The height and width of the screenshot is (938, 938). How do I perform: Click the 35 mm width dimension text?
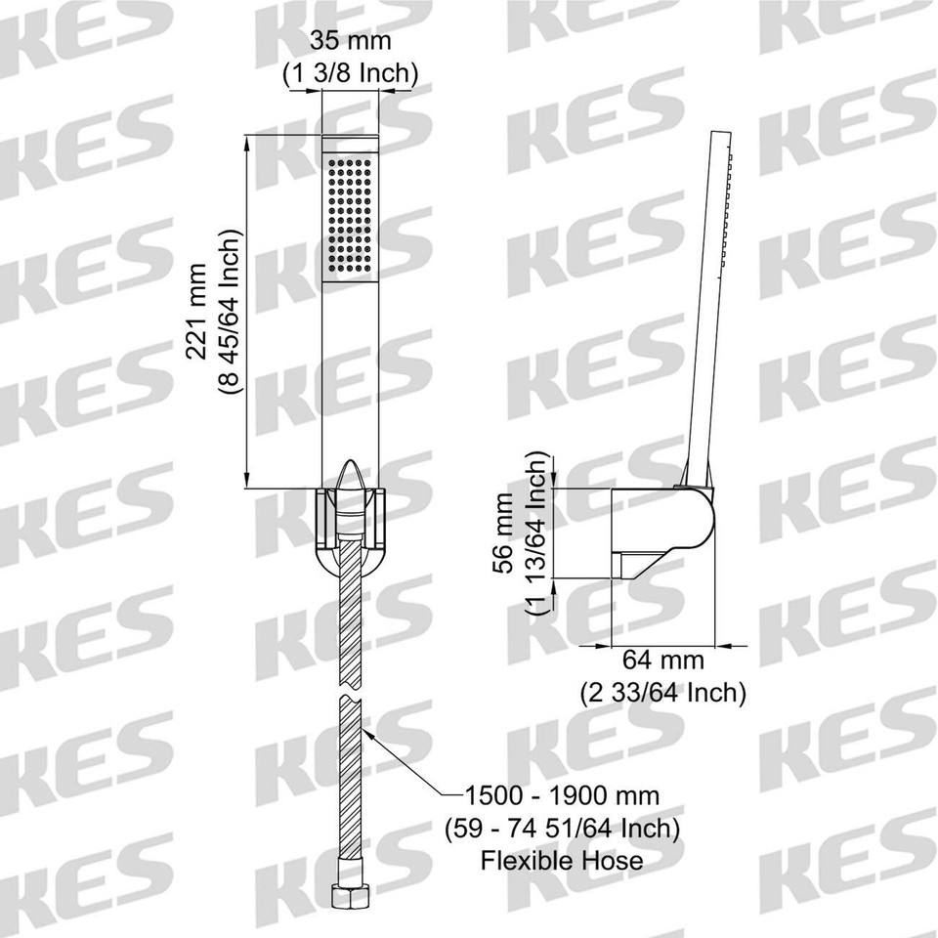[350, 42]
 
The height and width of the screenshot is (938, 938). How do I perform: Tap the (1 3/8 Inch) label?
[350, 72]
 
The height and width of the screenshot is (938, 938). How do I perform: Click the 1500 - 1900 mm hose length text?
[562, 796]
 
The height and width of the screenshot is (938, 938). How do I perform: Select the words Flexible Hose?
[562, 860]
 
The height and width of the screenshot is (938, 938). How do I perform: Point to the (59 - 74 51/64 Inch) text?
[562, 829]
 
